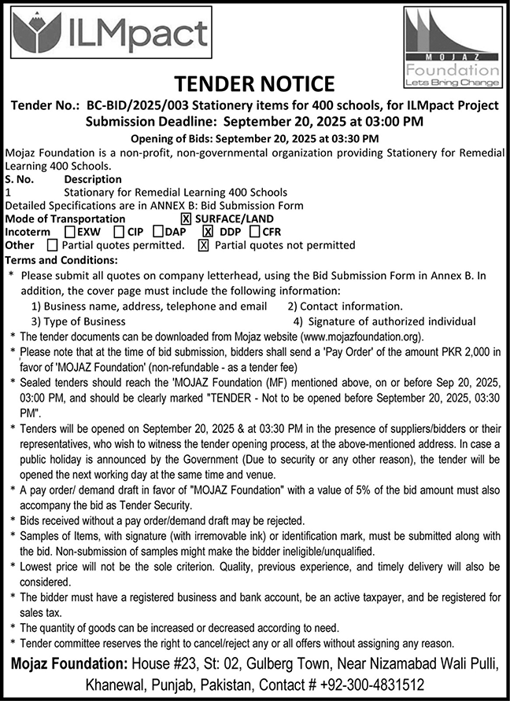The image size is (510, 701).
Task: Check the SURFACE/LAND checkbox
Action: click(x=186, y=218)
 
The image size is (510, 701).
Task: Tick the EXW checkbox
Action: click(x=70, y=232)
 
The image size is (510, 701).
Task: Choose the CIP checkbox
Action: click(x=118, y=232)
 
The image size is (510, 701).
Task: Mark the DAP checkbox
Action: click(x=158, y=232)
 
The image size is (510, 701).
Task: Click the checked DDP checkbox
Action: click(x=209, y=232)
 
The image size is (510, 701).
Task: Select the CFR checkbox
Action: click(x=254, y=232)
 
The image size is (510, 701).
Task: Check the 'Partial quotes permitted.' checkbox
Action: click(x=53, y=245)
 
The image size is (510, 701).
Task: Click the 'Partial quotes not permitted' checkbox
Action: click(x=203, y=245)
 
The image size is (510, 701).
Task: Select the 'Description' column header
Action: click(x=93, y=179)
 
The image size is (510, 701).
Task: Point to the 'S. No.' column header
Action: click(x=21, y=179)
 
